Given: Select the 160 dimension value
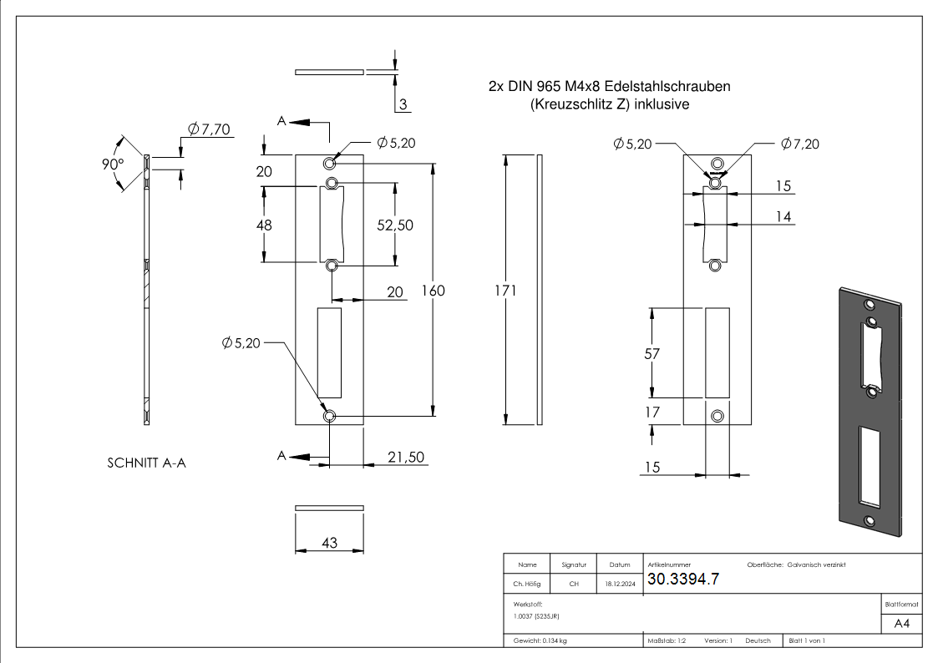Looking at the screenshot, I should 434,291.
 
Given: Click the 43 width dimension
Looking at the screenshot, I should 329,543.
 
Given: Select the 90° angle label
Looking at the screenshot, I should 111,163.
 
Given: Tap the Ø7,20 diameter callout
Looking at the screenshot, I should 799,144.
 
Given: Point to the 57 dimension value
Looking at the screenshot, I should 652,353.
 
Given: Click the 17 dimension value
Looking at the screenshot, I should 652,411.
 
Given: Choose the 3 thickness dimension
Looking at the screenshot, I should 403,104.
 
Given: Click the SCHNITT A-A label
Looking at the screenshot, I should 146,463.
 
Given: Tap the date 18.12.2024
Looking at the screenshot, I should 619,584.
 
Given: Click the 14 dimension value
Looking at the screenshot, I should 783,217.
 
